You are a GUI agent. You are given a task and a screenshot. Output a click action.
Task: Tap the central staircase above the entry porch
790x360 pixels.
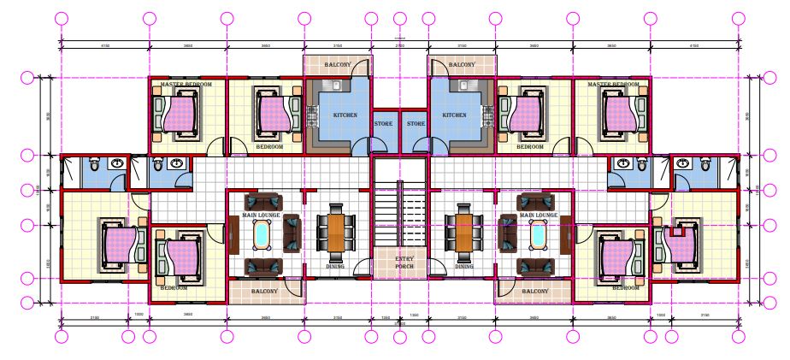click(x=399, y=214)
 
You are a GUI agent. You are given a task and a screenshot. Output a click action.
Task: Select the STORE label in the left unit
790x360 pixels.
click(x=383, y=124)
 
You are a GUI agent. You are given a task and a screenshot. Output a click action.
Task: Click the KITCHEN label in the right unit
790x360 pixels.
click(x=454, y=115)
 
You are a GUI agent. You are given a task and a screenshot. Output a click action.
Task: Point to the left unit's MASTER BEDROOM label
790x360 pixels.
click(x=186, y=85)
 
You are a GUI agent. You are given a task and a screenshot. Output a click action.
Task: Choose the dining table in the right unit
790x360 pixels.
click(x=463, y=232)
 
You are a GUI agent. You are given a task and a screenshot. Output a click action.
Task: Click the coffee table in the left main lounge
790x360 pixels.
click(x=262, y=233)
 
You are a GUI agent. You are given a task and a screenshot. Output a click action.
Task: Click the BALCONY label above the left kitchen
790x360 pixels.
click(x=336, y=65)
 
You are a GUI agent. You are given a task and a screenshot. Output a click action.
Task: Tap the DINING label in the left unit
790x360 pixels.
click(x=335, y=266)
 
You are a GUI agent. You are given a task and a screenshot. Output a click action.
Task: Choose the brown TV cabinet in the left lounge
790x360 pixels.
click(x=233, y=233)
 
